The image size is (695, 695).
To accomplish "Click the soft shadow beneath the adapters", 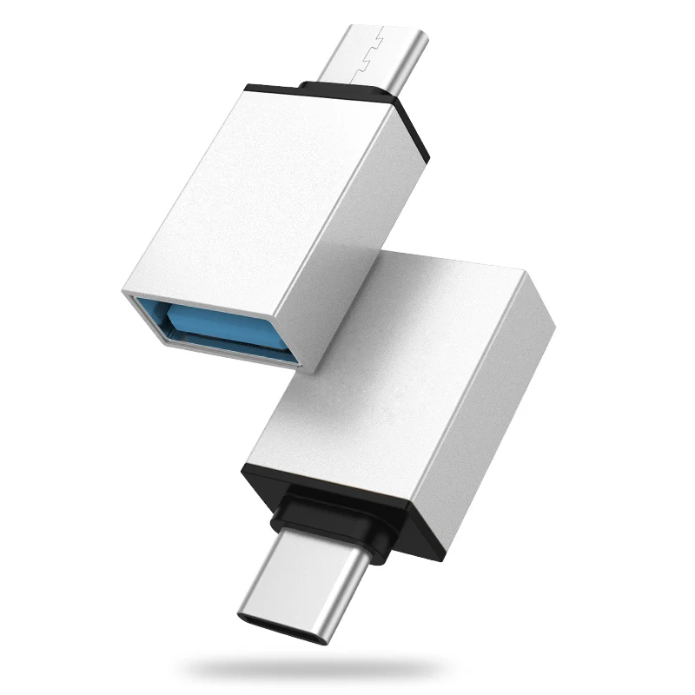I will (x=347, y=669).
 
